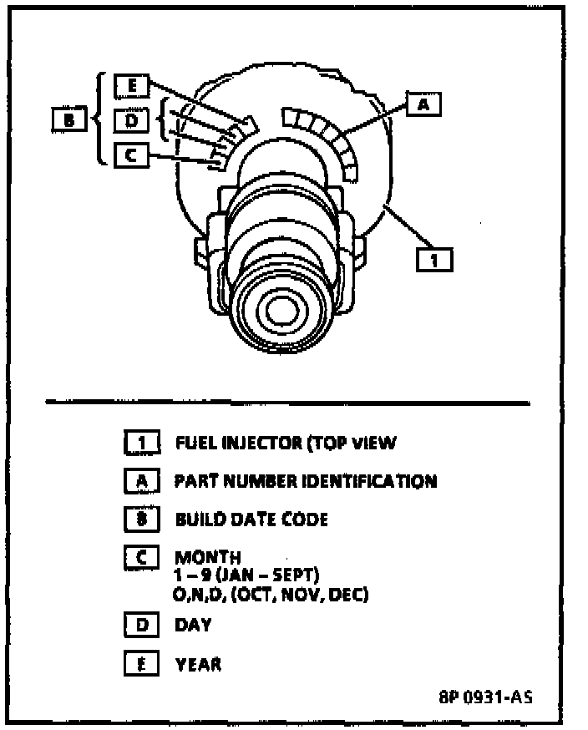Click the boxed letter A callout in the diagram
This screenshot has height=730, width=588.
(424, 104)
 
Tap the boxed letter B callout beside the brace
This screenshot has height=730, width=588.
(68, 120)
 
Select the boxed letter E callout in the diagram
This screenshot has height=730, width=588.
(132, 85)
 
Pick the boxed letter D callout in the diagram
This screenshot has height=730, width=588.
(132, 120)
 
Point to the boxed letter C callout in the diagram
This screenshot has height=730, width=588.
(132, 155)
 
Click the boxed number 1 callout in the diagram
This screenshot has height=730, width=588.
(434, 260)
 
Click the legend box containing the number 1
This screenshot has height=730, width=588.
(140, 443)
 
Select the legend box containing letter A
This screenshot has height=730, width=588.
(140, 481)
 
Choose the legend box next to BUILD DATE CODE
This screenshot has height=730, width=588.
(140, 519)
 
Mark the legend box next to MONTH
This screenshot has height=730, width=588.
(140, 557)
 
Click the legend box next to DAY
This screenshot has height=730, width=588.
(140, 624)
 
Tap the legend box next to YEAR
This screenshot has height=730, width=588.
(140, 664)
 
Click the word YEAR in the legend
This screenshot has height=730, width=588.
(199, 664)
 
